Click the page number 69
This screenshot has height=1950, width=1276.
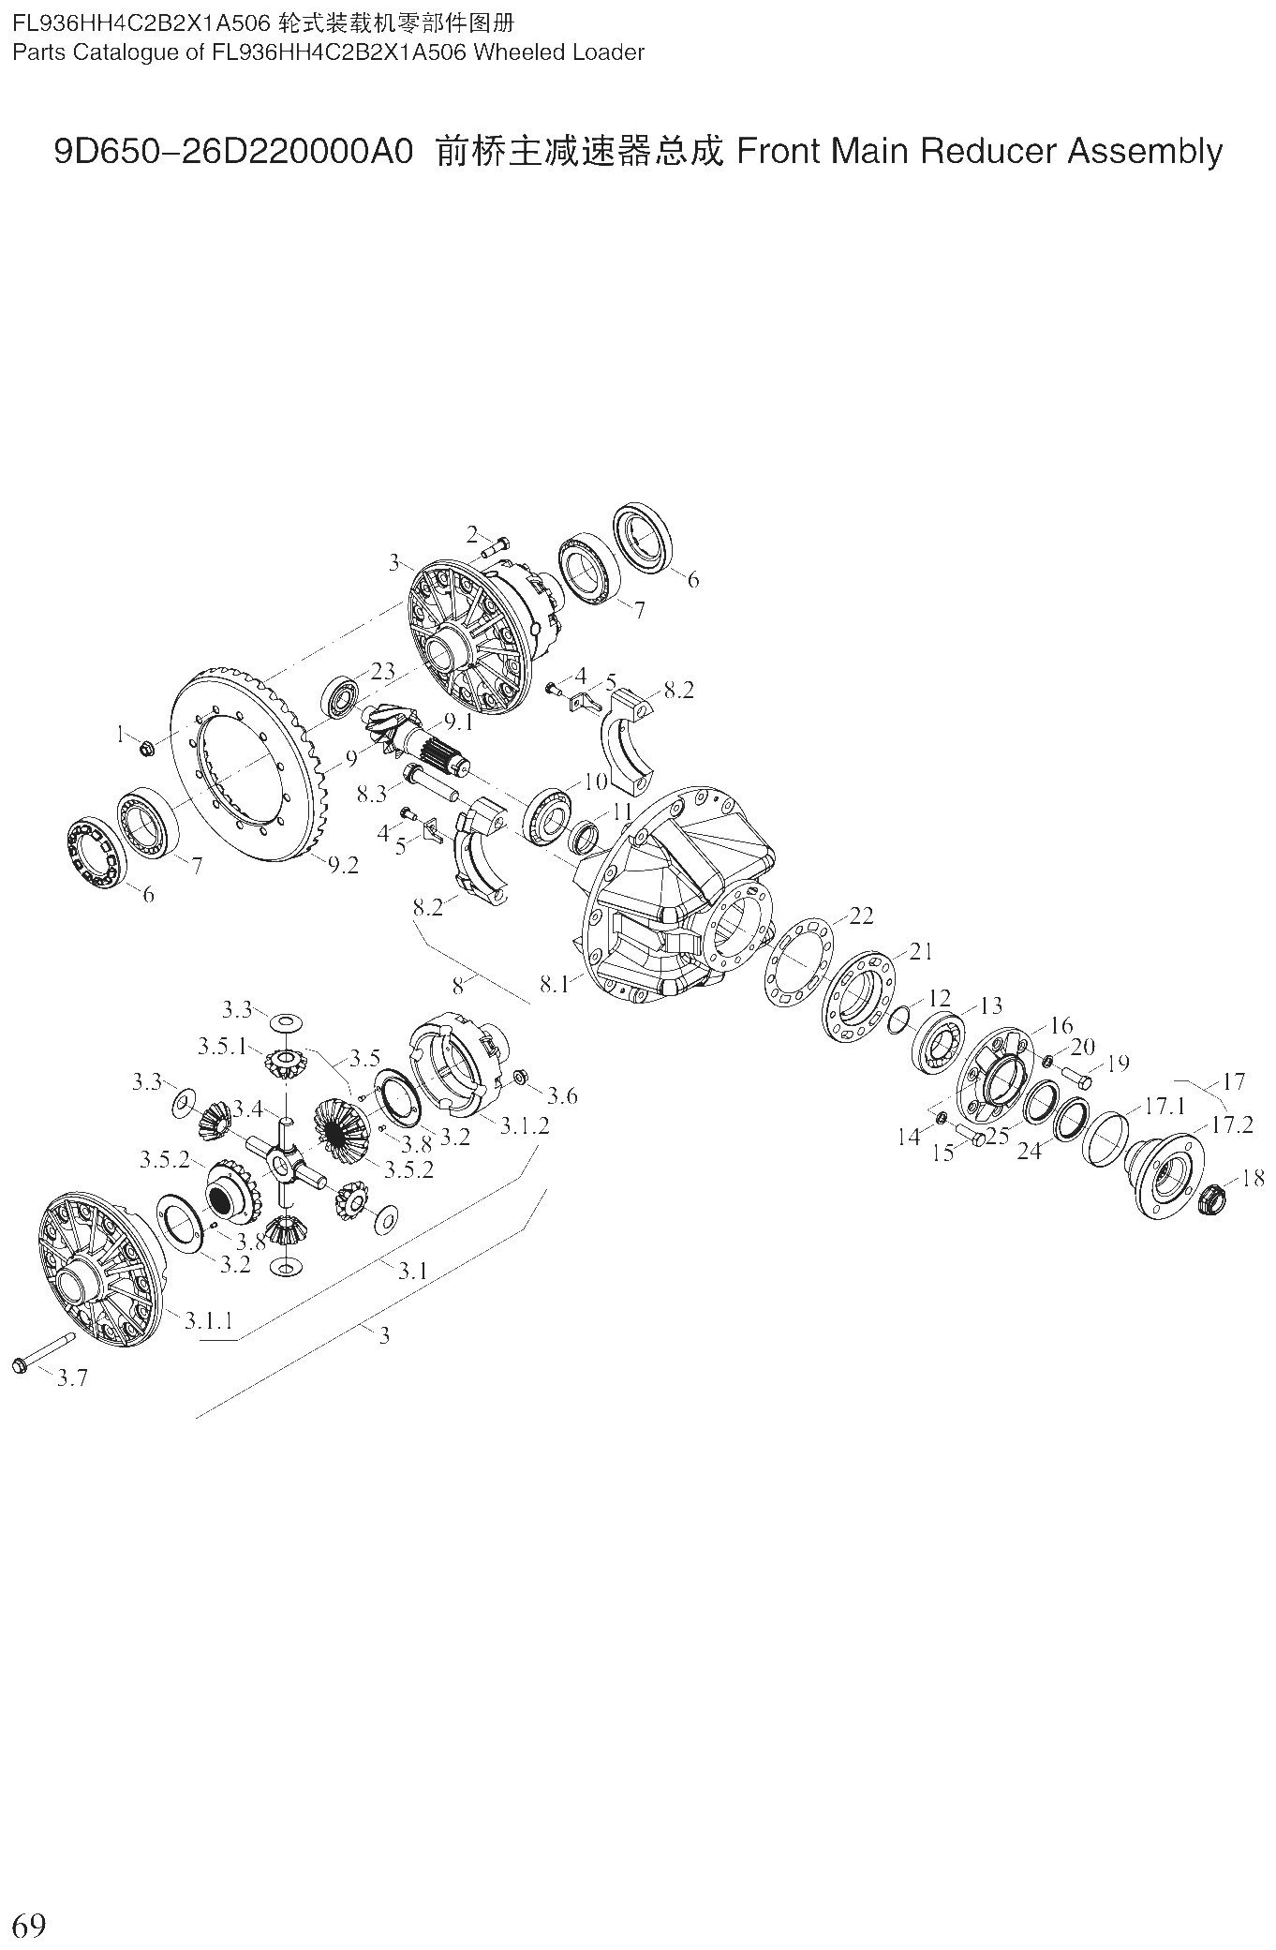pos(29,1927)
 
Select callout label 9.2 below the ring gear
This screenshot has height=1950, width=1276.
pos(343,866)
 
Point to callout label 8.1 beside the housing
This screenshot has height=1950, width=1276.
pos(555,985)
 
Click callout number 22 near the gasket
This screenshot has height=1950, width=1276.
pos(860,915)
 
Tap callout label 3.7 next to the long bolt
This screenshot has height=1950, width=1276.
pos(72,1377)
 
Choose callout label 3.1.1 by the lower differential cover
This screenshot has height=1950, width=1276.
pos(208,1320)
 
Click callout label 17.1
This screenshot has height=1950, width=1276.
pos(1165,1107)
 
